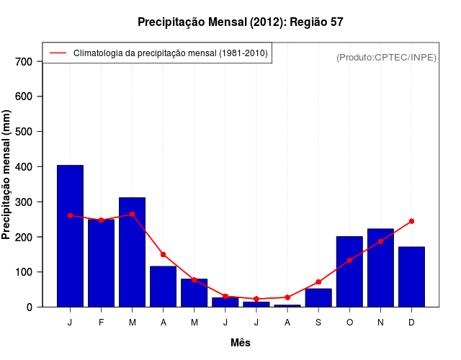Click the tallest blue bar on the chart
(70, 236)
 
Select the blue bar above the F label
(101, 264)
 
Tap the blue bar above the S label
(318, 298)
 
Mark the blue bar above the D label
(411, 276)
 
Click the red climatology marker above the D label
(411, 221)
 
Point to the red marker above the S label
(318, 282)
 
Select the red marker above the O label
(349, 260)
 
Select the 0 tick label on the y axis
(30, 307)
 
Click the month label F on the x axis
(101, 322)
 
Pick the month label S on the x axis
(318, 322)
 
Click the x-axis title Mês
(241, 343)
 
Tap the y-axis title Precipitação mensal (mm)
(7, 175)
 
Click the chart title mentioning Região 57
(241, 22)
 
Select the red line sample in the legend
(58, 53)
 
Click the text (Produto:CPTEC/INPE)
(386, 57)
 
